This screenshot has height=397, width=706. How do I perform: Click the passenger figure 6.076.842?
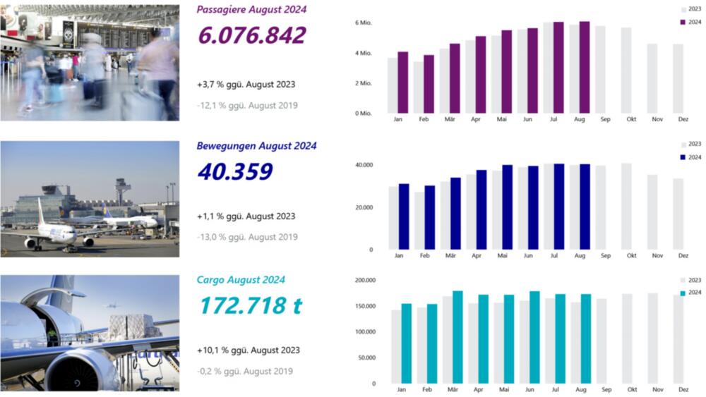point(251,35)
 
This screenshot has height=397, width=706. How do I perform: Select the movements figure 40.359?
point(235,171)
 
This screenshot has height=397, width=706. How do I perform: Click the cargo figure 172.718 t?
point(250,305)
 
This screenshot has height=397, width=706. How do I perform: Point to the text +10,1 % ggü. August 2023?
point(248,350)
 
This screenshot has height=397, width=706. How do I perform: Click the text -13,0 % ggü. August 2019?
point(247,238)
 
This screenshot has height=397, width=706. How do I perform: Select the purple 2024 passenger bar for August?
point(584,68)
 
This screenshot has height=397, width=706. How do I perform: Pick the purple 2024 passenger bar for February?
point(429,84)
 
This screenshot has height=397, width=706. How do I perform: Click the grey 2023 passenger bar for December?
point(678,78)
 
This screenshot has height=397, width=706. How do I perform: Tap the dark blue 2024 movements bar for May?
point(507,207)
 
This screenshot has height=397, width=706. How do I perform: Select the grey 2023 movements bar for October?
point(626,207)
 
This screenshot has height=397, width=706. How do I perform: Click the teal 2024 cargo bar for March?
point(457,337)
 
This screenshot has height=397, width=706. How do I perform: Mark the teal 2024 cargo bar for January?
point(406,343)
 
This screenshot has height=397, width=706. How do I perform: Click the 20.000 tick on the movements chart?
point(364,207)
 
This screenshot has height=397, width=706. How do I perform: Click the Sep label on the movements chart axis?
point(605,255)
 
